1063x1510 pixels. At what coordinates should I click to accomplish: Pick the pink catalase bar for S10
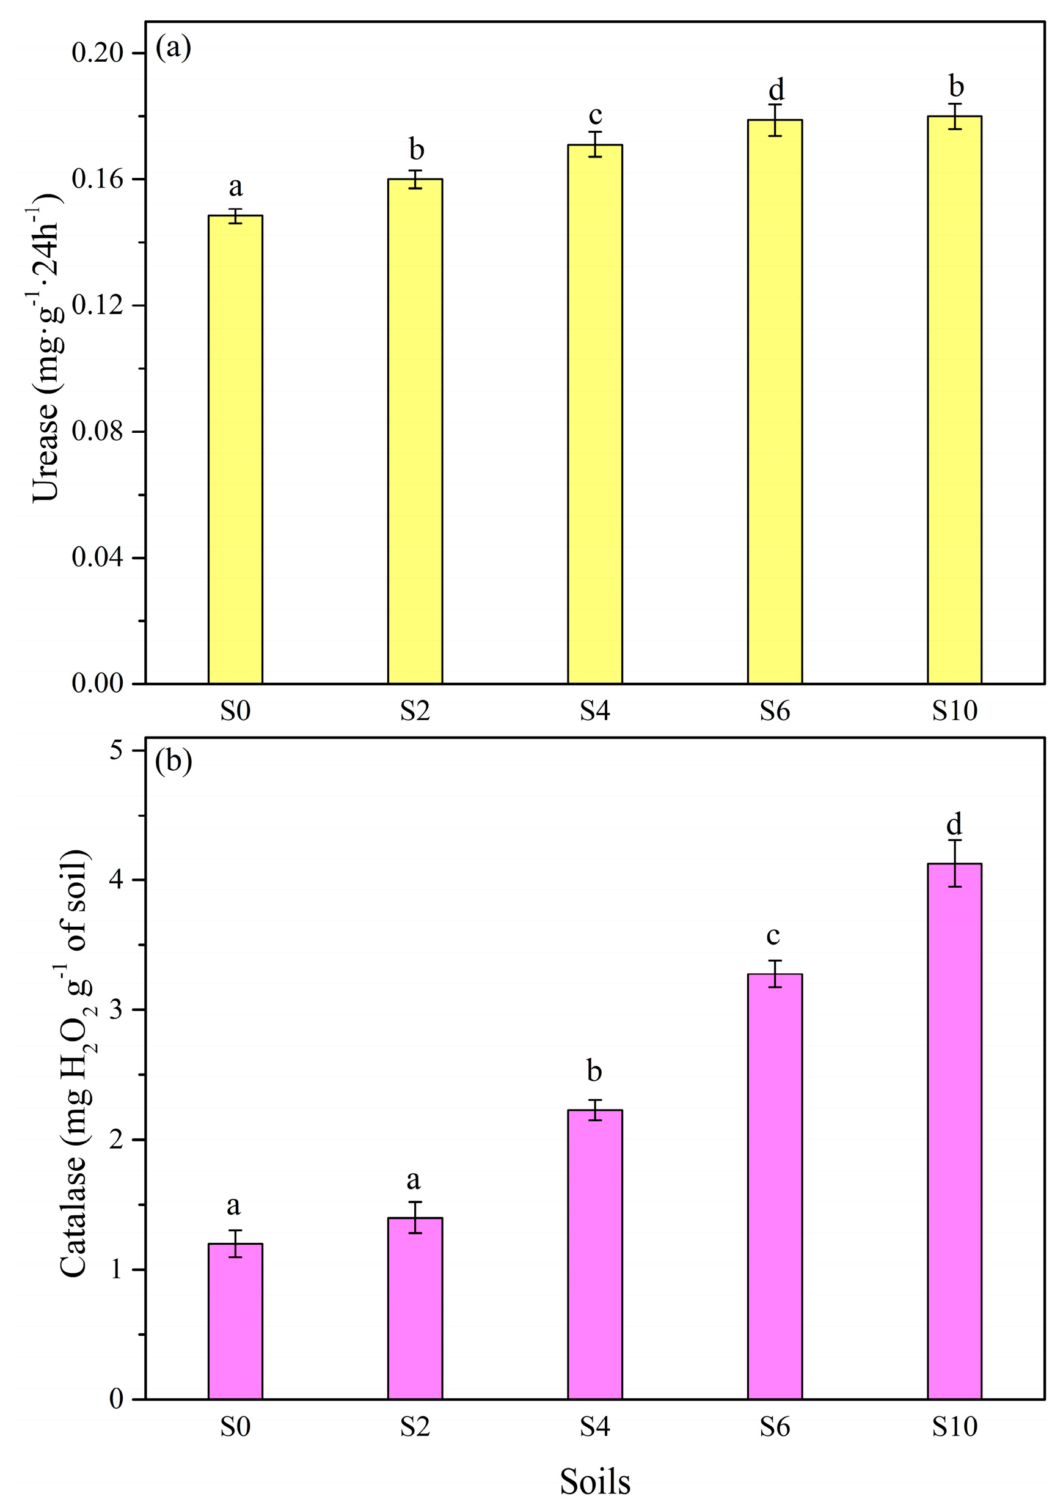954,1131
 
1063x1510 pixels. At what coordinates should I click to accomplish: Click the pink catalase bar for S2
415,1308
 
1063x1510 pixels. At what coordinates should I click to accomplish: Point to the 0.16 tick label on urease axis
98,179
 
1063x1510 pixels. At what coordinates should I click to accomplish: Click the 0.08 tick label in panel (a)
98,432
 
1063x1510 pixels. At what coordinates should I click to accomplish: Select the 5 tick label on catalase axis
116,750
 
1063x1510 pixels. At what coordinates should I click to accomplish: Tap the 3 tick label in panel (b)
116,1009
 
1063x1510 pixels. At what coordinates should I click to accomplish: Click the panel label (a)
173,48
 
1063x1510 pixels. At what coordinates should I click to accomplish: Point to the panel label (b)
174,762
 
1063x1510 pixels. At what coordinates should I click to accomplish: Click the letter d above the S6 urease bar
776,89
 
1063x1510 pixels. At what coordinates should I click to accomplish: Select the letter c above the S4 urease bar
595,116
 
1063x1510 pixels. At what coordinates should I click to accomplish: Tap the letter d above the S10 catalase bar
954,823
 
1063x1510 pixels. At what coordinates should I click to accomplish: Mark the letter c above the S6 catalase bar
773,935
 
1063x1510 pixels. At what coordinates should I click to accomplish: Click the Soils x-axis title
595,1482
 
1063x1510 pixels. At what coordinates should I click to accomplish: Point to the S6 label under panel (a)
775,711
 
